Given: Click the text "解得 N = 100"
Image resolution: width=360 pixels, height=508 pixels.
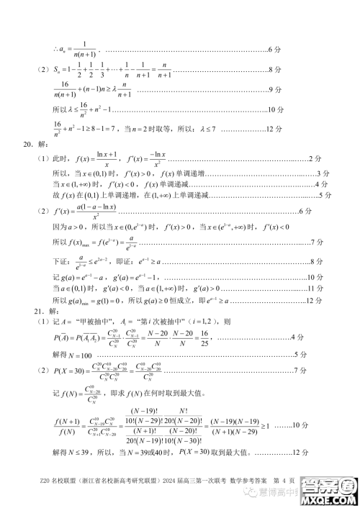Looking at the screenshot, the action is coord(73,355).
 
